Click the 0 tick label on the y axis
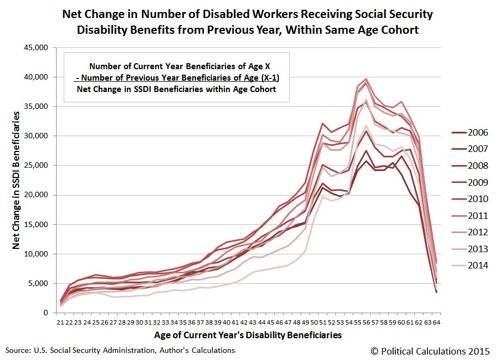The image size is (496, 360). point(47,313)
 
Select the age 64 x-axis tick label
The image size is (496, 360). point(437,322)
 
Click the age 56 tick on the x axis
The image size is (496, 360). point(366,322)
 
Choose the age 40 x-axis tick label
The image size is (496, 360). point(226,322)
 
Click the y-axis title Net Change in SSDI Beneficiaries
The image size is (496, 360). point(17,180)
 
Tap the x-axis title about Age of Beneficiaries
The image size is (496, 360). point(248,335)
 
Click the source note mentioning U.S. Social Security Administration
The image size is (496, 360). point(120,350)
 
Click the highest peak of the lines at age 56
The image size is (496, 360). point(366,79)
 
